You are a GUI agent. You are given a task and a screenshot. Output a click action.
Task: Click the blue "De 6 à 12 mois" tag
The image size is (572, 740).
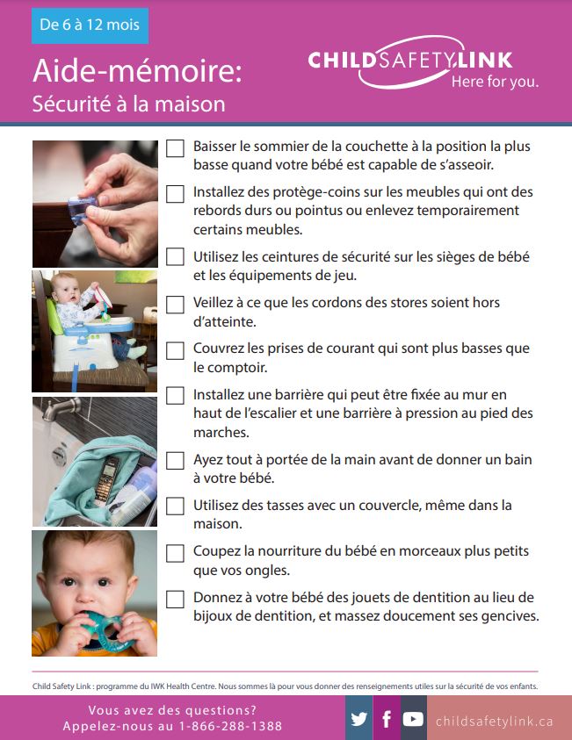pyautogui.click(x=90, y=25)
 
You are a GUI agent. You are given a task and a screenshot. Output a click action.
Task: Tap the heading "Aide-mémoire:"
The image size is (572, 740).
pyautogui.click(x=137, y=71)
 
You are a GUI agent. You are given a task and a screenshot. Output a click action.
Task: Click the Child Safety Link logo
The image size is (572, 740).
pyautogui.click(x=422, y=67)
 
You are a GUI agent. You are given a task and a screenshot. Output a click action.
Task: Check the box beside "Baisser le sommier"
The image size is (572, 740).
pyautogui.click(x=176, y=148)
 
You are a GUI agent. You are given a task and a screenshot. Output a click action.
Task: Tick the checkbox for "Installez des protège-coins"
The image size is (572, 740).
pyautogui.click(x=176, y=193)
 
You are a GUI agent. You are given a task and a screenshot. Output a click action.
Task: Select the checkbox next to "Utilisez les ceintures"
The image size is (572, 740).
pyautogui.click(x=176, y=257)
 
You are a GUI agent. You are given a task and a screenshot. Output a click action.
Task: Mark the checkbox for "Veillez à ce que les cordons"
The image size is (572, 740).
pyautogui.click(x=176, y=304)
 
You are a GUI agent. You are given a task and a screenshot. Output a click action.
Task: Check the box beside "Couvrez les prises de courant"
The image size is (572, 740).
pyautogui.click(x=176, y=349)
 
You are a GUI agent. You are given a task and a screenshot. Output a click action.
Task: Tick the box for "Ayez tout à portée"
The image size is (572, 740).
pyautogui.click(x=176, y=460)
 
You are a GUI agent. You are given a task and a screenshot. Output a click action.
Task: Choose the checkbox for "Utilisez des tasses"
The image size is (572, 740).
pyautogui.click(x=176, y=507)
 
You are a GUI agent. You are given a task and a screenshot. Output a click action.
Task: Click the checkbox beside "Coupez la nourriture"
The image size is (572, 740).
pyautogui.click(x=176, y=553)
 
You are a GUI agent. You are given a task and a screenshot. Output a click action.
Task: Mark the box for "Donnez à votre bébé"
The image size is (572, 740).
pyautogui.click(x=176, y=599)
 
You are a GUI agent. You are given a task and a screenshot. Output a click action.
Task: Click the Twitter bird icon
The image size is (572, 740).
pyautogui.click(x=359, y=719)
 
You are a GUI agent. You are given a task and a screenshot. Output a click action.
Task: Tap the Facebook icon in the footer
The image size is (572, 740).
pyautogui.click(x=386, y=719)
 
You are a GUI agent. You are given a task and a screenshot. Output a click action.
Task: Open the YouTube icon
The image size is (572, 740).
pyautogui.click(x=413, y=719)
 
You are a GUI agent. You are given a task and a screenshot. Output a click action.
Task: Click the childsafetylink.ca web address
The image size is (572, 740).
pyautogui.click(x=495, y=721)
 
